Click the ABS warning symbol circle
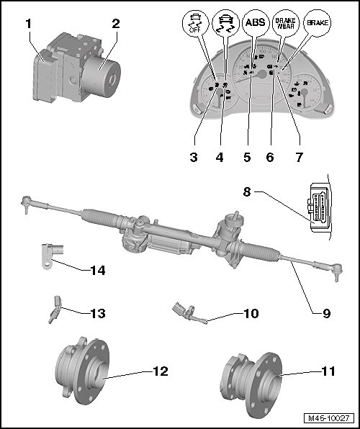tap(255, 23)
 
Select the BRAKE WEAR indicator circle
tap(285, 23)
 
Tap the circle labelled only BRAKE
tap(317, 23)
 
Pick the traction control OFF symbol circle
tap(195, 23)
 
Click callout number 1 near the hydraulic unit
tap(29, 24)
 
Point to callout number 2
tap(116, 24)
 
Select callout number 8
tap(247, 191)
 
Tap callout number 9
tap(326, 313)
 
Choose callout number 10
tap(251, 313)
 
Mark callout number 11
tap(328, 371)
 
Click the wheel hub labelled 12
tap(82, 370)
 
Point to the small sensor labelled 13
tap(55, 309)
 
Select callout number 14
tap(98, 271)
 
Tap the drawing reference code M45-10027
tap(329, 418)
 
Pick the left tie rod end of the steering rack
tap(26, 203)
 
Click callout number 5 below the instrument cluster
tap(247, 158)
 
